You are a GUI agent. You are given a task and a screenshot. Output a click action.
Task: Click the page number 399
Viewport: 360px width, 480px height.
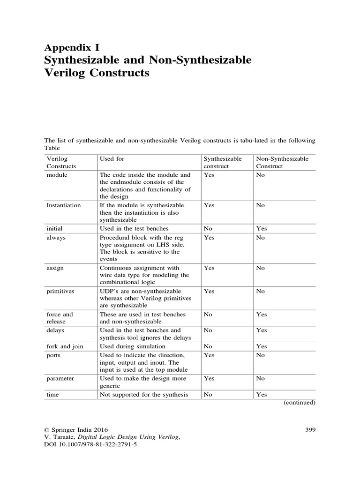[310, 429]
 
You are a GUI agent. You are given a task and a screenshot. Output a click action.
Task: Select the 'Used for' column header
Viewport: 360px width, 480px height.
[112, 159]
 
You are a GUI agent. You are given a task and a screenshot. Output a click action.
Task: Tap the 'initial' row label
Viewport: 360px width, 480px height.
[54, 228]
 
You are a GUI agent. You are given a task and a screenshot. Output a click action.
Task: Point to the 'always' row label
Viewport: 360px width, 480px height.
[56, 238]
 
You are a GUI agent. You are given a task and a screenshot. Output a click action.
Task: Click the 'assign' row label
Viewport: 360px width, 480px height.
[55, 268]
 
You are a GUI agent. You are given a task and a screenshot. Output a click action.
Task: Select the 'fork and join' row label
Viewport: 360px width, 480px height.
[65, 346]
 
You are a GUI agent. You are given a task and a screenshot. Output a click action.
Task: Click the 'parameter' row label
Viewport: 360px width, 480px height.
[60, 378]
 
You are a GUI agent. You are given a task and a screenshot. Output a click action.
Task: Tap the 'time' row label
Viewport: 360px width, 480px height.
[52, 395]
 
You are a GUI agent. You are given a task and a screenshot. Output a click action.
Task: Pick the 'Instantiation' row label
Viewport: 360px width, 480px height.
[63, 205]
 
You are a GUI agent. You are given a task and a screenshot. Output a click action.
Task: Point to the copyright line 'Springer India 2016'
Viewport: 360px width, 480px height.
[76, 429]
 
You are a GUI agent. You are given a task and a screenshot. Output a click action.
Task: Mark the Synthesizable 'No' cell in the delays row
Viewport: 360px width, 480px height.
[208, 330]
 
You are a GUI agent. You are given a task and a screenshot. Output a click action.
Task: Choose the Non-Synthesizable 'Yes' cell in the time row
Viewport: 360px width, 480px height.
[261, 395]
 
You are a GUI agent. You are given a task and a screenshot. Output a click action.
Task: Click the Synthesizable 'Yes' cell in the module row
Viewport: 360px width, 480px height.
[209, 175]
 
